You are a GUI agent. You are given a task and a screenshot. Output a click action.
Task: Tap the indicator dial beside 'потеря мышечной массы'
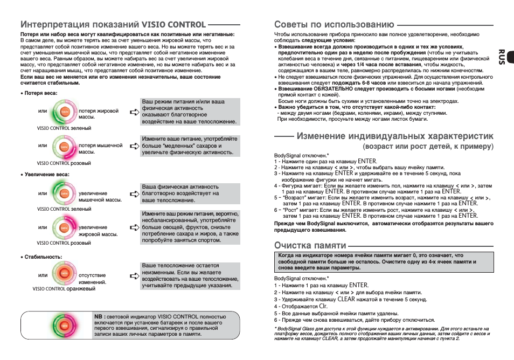click(64, 147)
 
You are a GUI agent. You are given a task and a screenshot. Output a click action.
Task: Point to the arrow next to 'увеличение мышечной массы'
click(134, 195)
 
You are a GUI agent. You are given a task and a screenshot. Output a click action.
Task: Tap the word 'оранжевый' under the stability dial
click(81, 289)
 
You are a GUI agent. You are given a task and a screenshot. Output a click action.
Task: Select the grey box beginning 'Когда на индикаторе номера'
click(384, 261)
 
